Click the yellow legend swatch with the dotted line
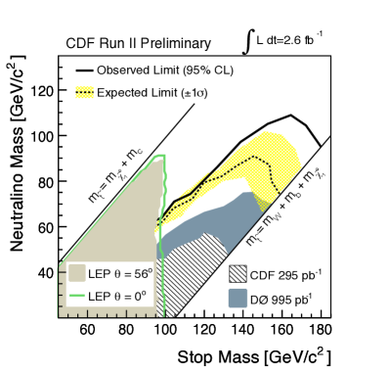[x=85, y=93]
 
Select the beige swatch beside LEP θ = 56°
[x=77, y=273]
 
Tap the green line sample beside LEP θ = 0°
[x=77, y=296]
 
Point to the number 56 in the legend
[x=141, y=274]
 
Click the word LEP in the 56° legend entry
[x=99, y=274]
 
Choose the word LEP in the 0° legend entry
[x=99, y=297]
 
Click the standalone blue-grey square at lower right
[x=238, y=298]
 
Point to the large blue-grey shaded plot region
[x=220, y=220]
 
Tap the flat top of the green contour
[x=158, y=155]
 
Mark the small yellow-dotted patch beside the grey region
[x=261, y=200]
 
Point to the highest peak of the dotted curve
[x=254, y=156]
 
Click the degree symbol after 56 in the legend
[x=150, y=270]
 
